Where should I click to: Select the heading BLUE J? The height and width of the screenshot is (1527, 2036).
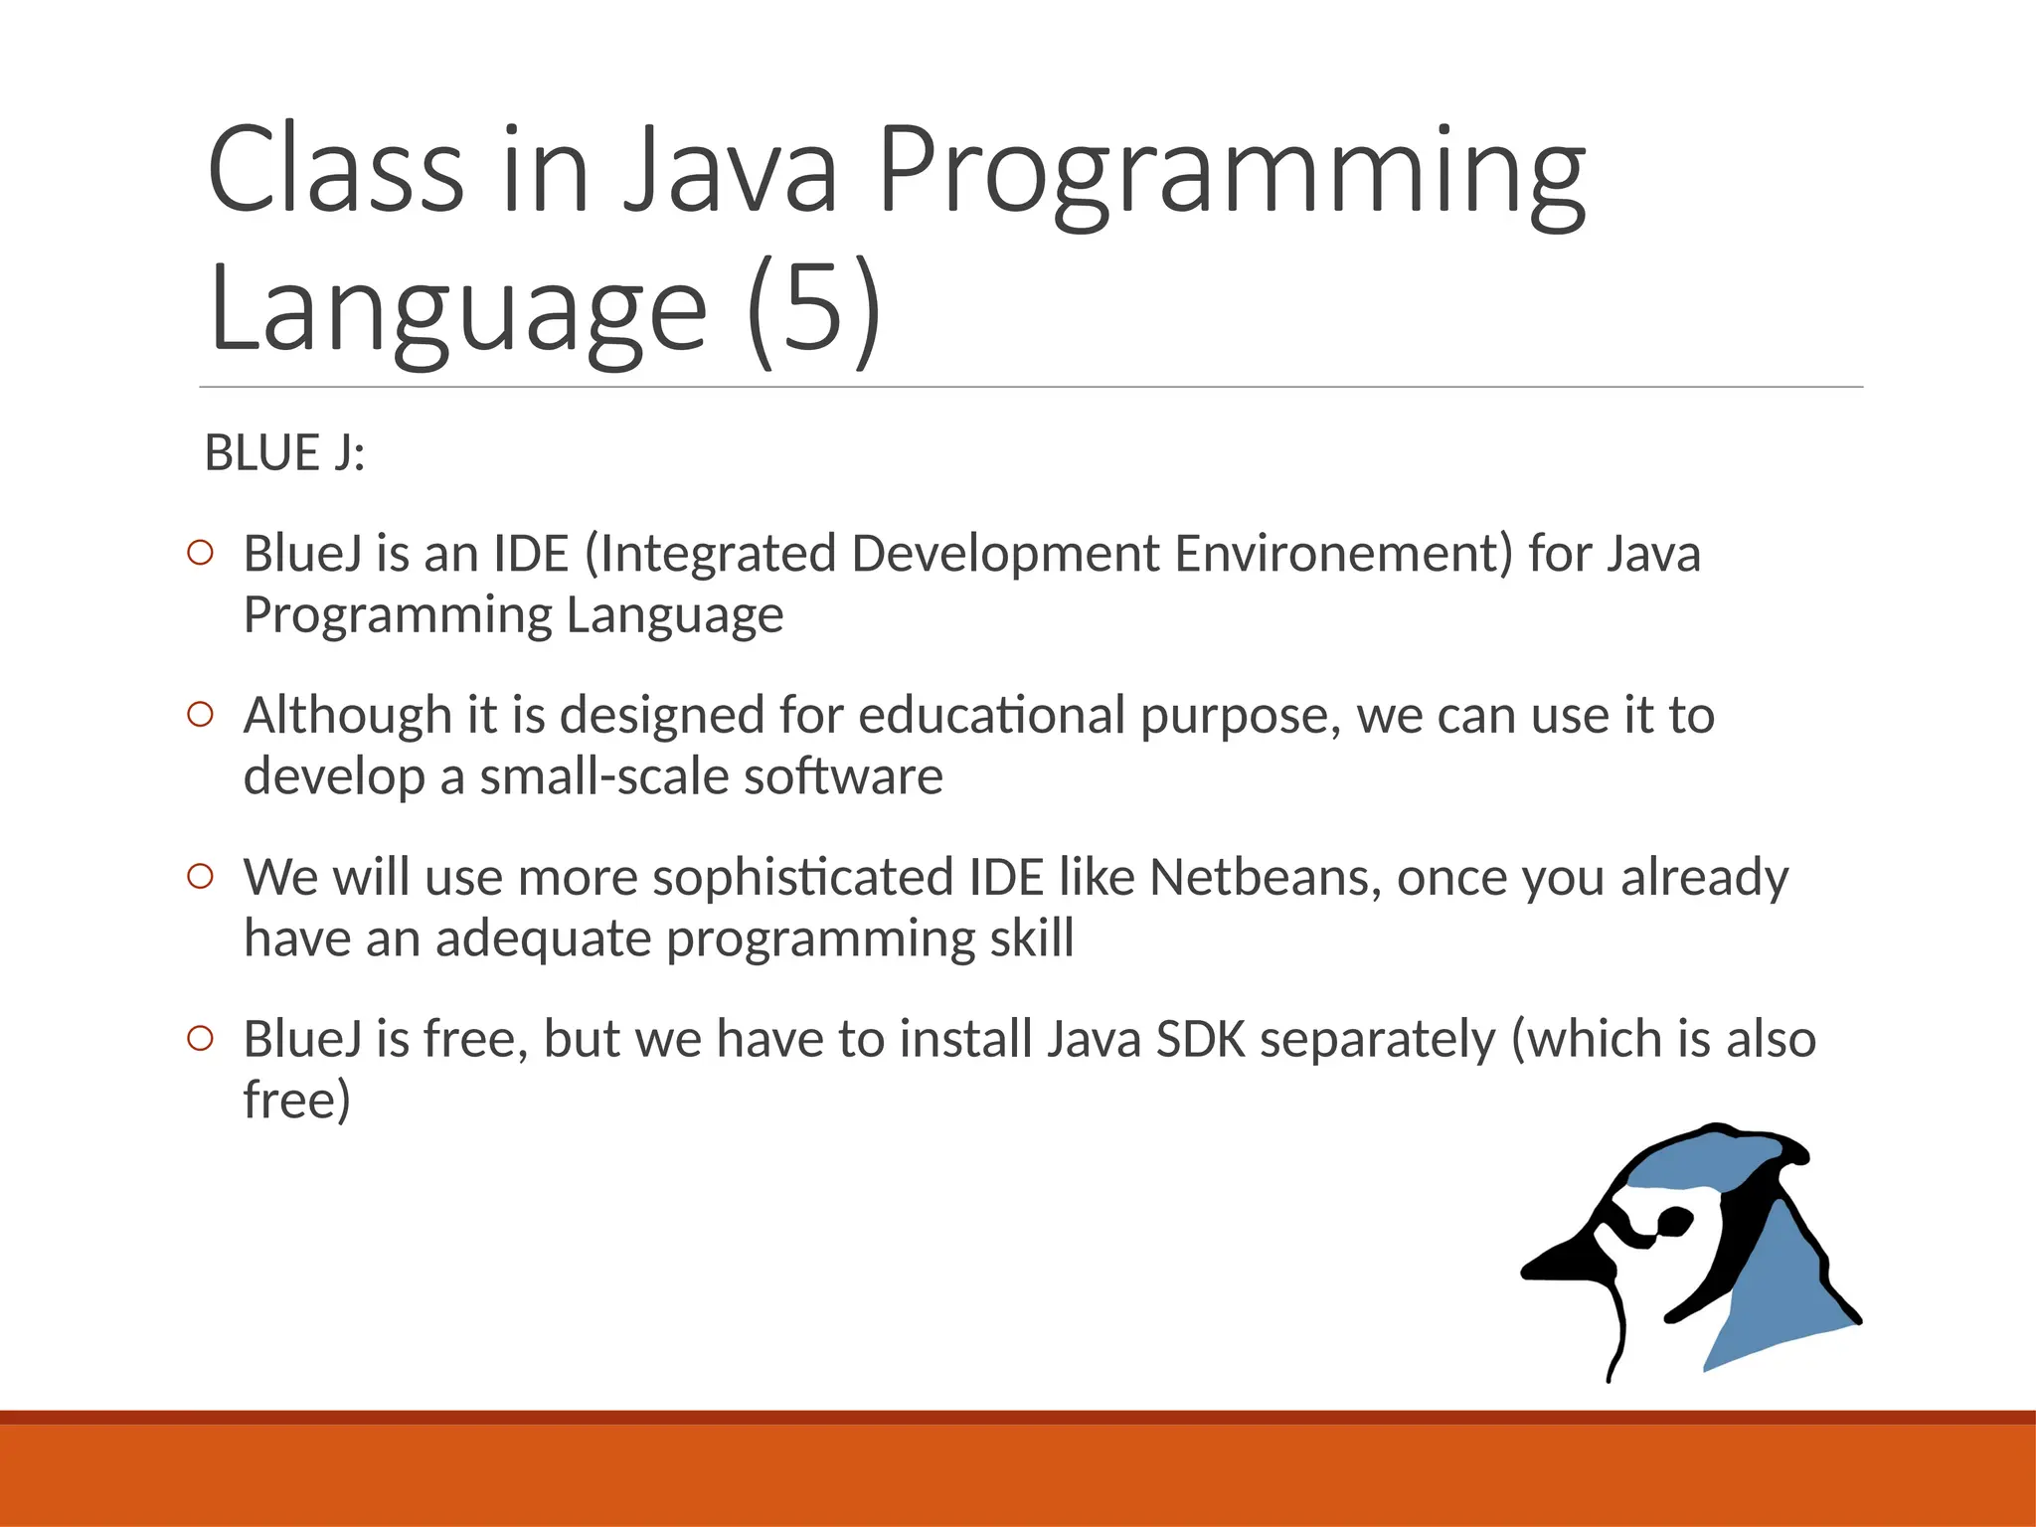[285, 453]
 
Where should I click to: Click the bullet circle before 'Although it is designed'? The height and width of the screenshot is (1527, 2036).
[200, 715]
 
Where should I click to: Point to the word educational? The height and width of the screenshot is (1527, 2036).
[991, 716]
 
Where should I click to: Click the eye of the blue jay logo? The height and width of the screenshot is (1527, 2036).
[1672, 1220]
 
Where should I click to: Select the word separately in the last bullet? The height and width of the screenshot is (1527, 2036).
[1377, 1039]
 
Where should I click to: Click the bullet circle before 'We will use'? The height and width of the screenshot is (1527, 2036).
[200, 876]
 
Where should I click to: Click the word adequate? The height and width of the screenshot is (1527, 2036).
[543, 938]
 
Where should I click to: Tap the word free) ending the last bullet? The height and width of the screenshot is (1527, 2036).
[296, 1101]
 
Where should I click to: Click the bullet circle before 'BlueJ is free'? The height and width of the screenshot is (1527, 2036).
[200, 1038]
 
